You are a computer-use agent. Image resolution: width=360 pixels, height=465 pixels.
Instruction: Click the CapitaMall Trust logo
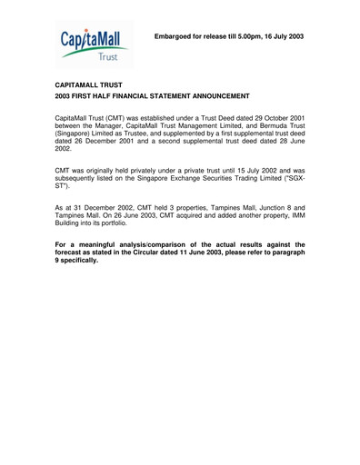tap(95, 47)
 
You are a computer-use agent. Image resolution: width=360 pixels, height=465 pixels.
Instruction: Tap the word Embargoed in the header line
tap(176, 36)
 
